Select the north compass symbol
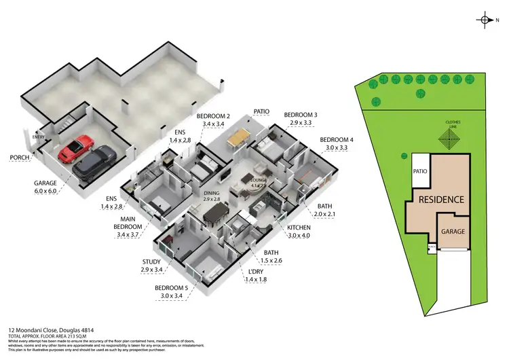pyautogui.click(x=486, y=20)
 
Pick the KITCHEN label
pyautogui.click(x=299, y=228)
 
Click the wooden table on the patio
pyautogui.click(x=238, y=139)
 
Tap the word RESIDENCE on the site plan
pyautogui.click(x=441, y=200)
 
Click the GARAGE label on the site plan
pyautogui.click(x=453, y=232)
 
